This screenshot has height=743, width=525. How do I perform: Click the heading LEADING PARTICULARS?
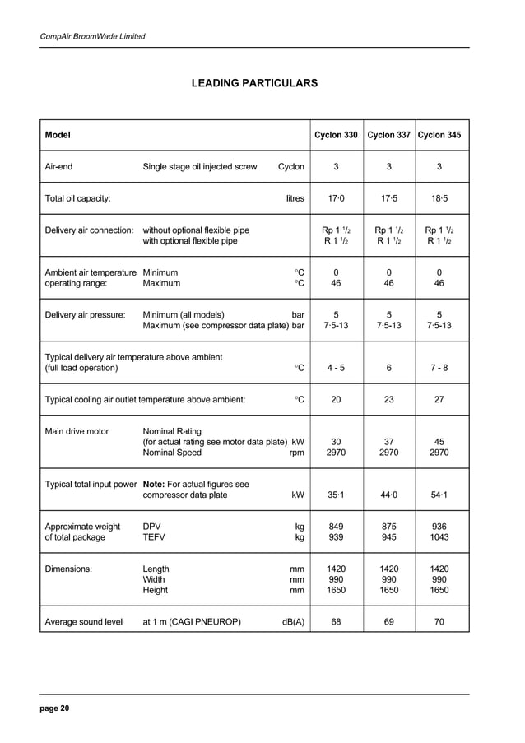pos(254,84)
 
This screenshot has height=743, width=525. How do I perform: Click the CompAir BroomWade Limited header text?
pos(92,37)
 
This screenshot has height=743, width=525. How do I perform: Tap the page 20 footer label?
pos(55,708)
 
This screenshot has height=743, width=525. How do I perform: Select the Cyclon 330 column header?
pos(336,135)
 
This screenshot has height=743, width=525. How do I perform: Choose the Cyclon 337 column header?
pos(388,135)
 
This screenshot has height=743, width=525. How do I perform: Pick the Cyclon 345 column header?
pos(439,135)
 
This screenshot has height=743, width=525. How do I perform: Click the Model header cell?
pos(58,135)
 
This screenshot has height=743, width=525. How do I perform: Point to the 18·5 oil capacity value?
pos(439,198)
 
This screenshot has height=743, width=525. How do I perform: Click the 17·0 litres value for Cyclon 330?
pos(336,198)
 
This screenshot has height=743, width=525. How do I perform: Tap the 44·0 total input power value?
pos(388,495)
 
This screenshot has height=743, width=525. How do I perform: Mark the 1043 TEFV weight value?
pos(439,538)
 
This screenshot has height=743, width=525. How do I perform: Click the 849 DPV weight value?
pos(336,527)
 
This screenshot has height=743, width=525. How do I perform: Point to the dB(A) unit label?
pos(293,622)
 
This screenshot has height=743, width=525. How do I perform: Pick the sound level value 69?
pos(388,622)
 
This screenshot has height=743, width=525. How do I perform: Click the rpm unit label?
pos(297,453)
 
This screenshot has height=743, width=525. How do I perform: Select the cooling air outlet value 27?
pos(439,400)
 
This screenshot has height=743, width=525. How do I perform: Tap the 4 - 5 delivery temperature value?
pos(336,368)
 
